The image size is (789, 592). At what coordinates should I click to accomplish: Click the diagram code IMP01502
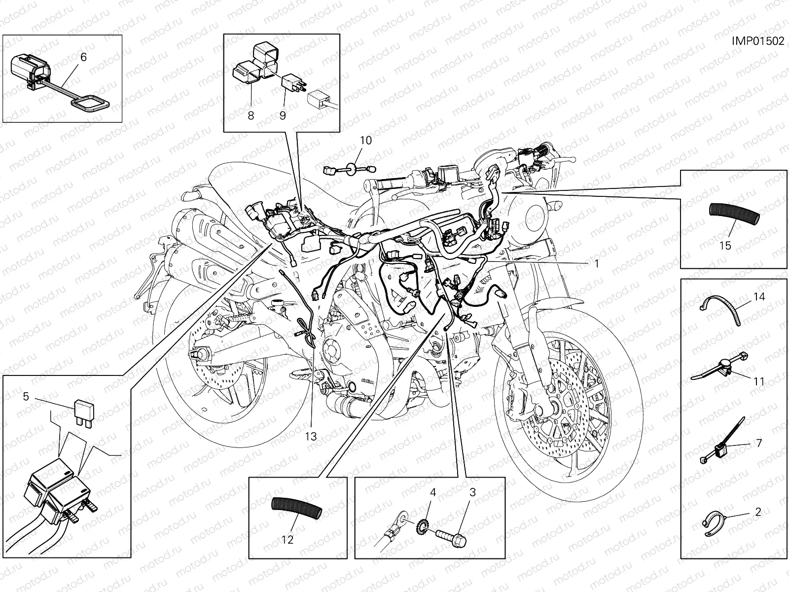[757, 41]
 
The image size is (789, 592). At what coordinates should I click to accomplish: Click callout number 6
[83, 57]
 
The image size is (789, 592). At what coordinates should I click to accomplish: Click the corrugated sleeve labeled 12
[295, 507]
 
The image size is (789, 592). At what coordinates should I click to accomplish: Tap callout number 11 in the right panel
[758, 381]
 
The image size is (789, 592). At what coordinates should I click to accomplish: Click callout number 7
[759, 443]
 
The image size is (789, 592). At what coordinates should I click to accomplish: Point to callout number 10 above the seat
[365, 140]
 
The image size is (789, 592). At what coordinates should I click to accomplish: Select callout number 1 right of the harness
[596, 263]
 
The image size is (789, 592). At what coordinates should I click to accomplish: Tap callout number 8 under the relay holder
[251, 115]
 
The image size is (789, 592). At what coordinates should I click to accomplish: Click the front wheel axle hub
[549, 409]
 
